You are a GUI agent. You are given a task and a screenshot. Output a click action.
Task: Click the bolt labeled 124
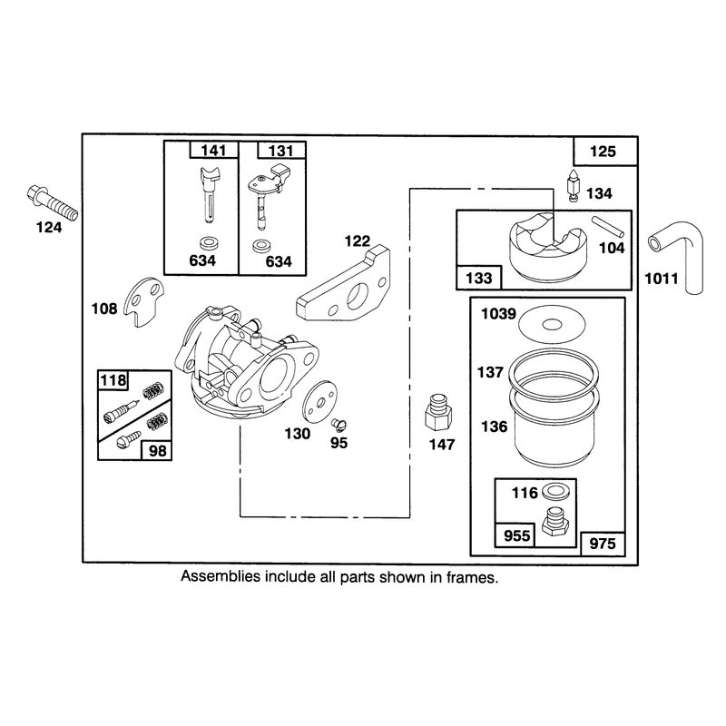[x=53, y=203]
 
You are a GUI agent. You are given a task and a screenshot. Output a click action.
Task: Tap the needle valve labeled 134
[x=574, y=186]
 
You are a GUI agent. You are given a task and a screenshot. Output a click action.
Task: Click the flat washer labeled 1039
[x=552, y=325]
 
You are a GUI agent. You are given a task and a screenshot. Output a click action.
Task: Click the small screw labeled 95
[x=338, y=424]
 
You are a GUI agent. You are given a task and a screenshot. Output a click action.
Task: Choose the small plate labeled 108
[x=144, y=301]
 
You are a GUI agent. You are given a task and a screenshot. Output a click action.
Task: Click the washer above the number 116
[x=555, y=492]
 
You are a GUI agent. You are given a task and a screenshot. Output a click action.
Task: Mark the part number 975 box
[x=603, y=543]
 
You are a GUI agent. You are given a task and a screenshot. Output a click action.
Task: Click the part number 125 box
[x=605, y=151]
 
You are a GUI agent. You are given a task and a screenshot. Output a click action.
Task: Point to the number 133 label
[x=479, y=278]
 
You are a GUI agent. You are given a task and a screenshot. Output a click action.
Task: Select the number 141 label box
[x=214, y=150]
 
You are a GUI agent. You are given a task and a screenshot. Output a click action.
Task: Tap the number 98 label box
[x=157, y=450]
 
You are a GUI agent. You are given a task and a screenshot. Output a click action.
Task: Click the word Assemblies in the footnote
[x=221, y=577]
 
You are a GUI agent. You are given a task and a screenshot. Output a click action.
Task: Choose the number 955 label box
[x=515, y=535]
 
